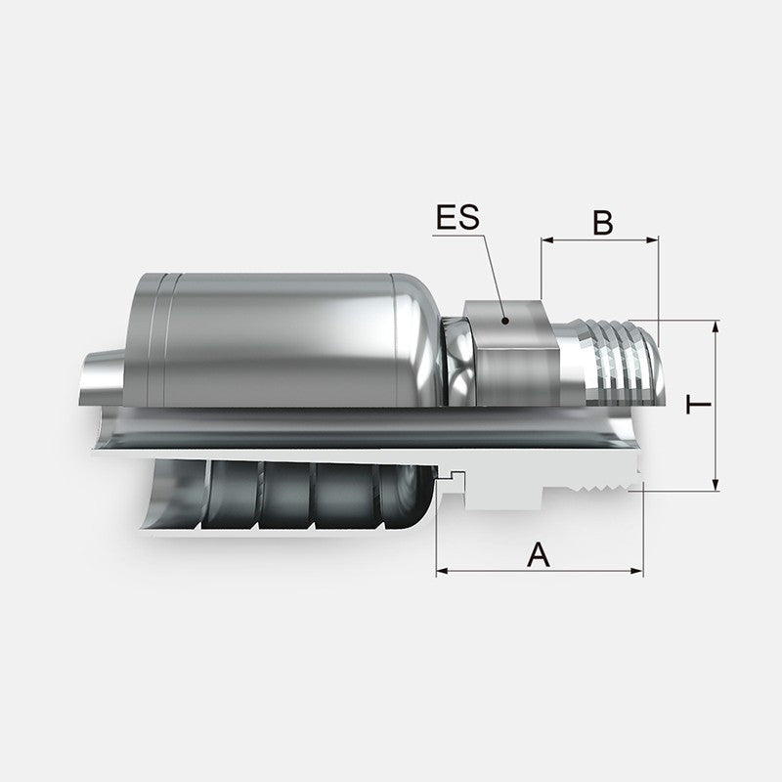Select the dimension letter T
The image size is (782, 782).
[x=697, y=404]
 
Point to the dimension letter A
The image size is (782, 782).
[x=539, y=555]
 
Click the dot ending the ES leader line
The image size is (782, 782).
[x=504, y=320]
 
